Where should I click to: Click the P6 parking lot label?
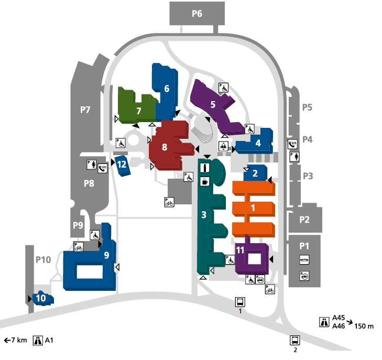(197, 14)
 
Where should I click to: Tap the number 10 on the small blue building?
(41, 298)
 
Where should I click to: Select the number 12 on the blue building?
(122, 165)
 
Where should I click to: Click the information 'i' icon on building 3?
(205, 168)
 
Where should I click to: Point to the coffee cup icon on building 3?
(205, 182)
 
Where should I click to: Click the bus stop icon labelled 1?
(240, 302)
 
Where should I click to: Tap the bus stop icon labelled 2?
(295, 340)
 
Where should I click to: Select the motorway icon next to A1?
(38, 340)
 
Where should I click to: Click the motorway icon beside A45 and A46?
(324, 322)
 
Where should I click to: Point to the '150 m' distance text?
(364, 326)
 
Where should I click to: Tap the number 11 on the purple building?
(240, 250)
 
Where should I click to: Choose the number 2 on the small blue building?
(255, 173)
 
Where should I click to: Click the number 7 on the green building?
(139, 111)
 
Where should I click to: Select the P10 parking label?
(43, 260)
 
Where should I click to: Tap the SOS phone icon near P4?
(292, 144)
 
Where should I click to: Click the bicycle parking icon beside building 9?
(79, 247)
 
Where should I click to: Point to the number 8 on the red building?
(165, 147)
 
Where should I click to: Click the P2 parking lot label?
(304, 220)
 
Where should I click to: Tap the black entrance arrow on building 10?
(30, 299)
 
